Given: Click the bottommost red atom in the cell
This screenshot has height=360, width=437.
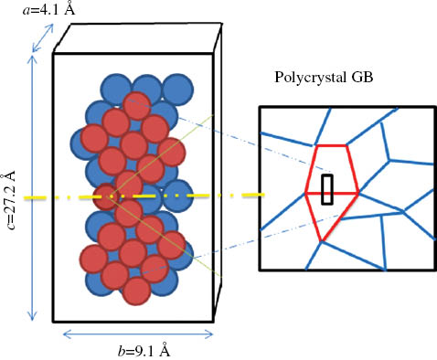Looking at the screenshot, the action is pos(135,291).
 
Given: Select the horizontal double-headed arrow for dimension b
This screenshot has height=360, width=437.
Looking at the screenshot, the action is pos(132,334).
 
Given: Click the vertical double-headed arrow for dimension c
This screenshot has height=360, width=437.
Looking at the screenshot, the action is pos(34,187).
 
